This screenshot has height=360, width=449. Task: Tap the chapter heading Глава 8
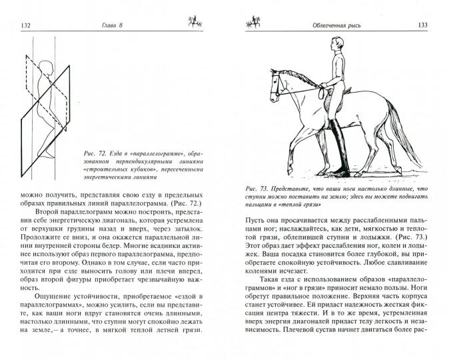coord(111,25)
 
